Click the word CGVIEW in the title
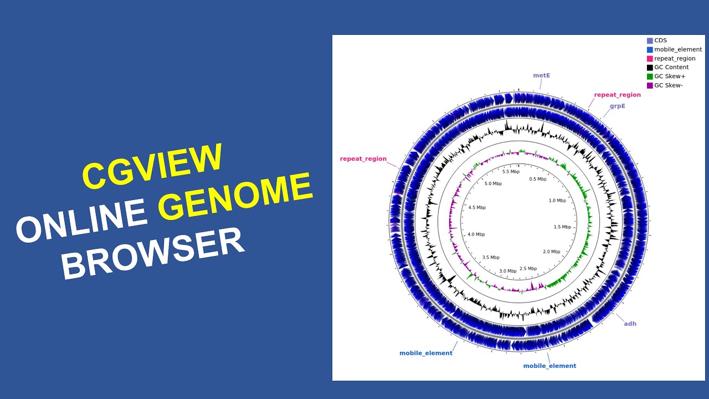pyautogui.click(x=152, y=165)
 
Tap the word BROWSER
pyautogui.click(x=153, y=253)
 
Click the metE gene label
pyautogui.click(x=541, y=75)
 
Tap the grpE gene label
pyautogui.click(x=617, y=106)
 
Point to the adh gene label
pyautogui.click(x=630, y=324)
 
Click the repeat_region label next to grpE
pyautogui.click(x=617, y=95)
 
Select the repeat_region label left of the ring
pyautogui.click(x=363, y=158)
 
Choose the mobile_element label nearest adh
pyautogui.click(x=549, y=366)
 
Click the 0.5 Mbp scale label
pyautogui.click(x=537, y=179)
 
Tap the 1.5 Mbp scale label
pyautogui.click(x=562, y=227)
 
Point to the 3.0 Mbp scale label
pyautogui.click(x=507, y=271)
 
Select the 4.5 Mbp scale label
pyautogui.click(x=476, y=207)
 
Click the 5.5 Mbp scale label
pyautogui.click(x=511, y=172)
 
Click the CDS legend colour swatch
pyautogui.click(x=650, y=40)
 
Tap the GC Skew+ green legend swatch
pyautogui.click(x=650, y=76)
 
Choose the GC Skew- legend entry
pyautogui.click(x=668, y=85)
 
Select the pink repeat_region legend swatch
pyautogui.click(x=650, y=58)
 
